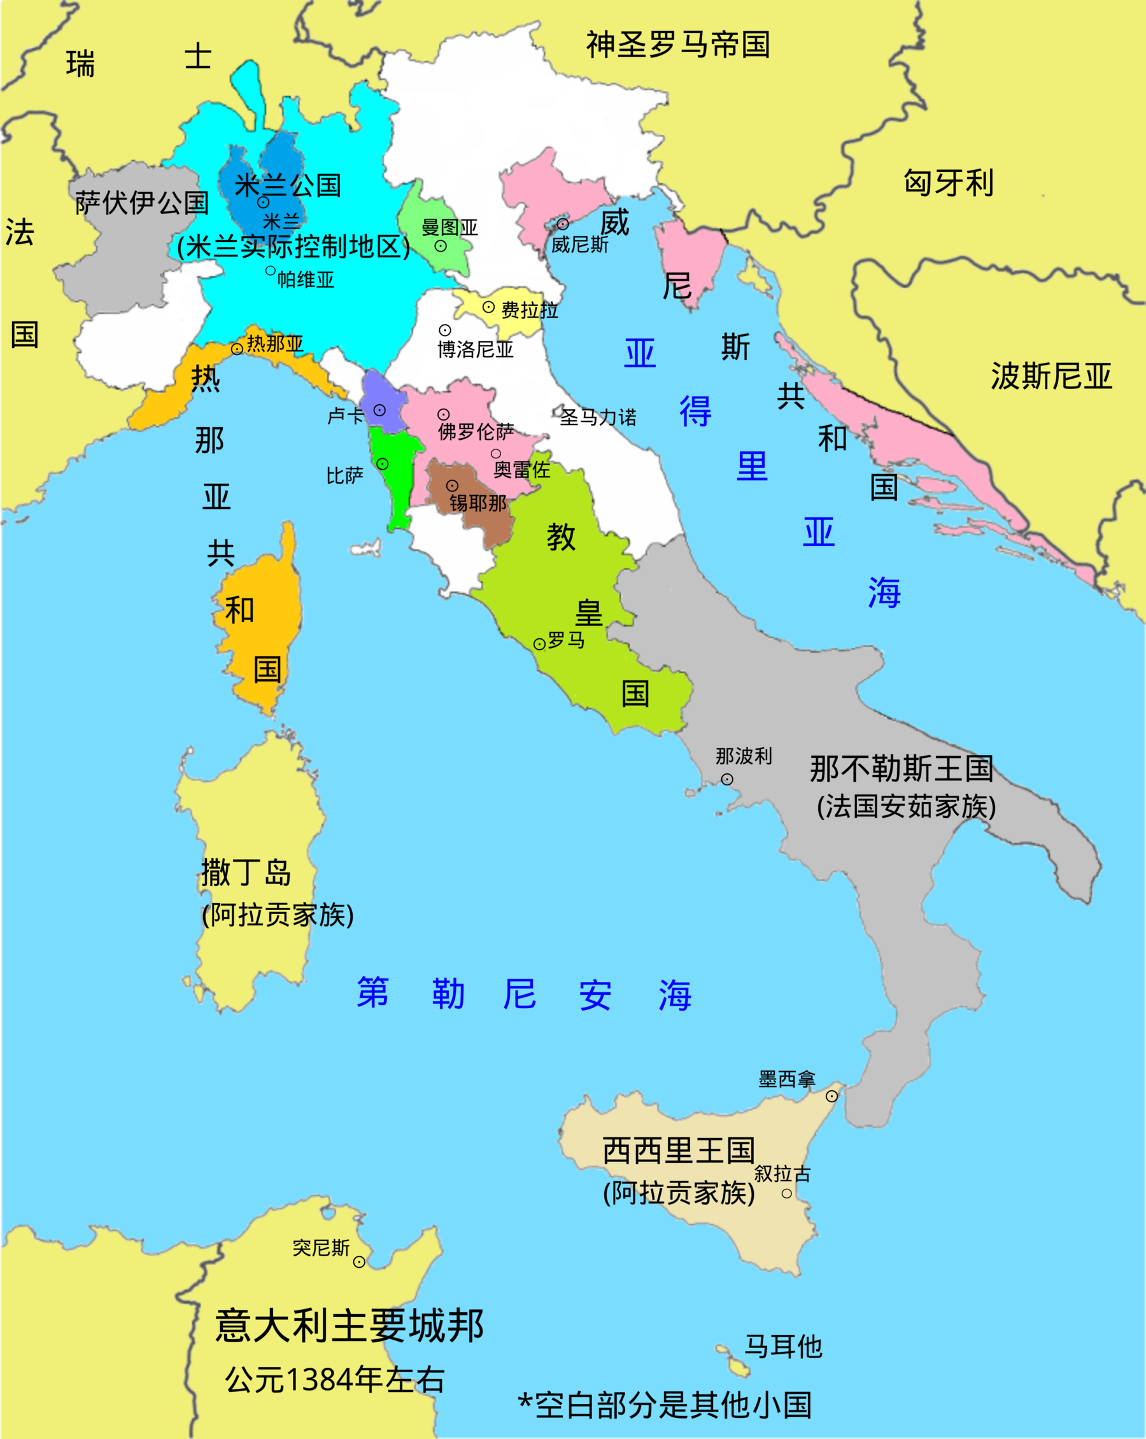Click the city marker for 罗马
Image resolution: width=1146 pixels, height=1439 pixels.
click(539, 644)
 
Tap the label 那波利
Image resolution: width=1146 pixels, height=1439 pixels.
click(743, 756)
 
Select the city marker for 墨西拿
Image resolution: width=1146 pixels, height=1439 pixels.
click(831, 1096)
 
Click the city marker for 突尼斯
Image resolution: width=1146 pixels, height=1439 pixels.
click(358, 1261)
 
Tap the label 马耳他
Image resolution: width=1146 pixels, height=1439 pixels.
click(782, 1346)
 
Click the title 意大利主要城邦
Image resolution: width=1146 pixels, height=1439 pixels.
click(349, 1326)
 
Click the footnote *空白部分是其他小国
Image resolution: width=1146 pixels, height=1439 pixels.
click(665, 1406)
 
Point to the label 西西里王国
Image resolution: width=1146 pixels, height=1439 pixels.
click(678, 1151)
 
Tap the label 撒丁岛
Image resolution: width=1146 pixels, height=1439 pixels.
click(246, 873)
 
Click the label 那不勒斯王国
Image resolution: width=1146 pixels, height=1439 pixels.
click(901, 769)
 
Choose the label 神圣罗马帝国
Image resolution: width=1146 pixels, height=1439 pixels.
click(678, 45)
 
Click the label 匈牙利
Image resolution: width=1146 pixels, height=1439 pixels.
click(949, 182)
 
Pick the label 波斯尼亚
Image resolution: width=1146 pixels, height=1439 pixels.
click(1050, 376)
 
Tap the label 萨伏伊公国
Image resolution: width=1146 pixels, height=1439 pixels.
click(141, 202)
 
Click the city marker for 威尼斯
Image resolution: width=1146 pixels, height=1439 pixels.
click(563, 224)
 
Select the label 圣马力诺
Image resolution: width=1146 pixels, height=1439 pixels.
click(598, 417)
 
